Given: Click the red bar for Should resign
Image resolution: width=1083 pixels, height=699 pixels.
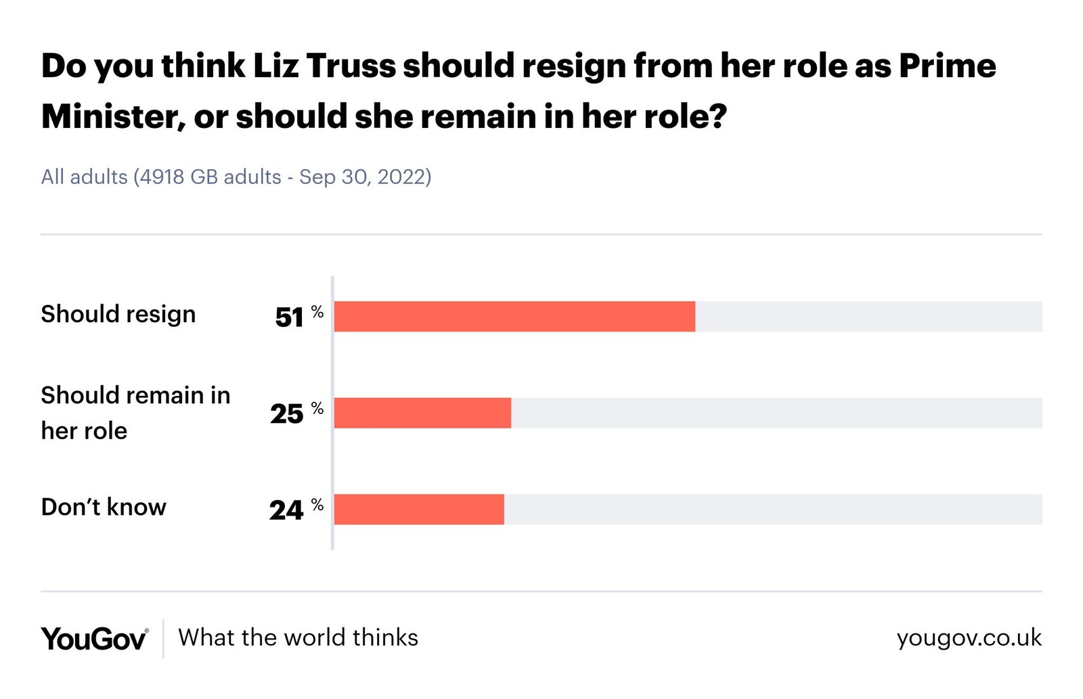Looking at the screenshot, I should click(514, 317).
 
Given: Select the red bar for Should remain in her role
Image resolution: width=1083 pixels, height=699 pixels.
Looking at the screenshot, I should click(422, 413).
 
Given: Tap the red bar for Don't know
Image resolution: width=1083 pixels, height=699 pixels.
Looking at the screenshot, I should click(419, 510).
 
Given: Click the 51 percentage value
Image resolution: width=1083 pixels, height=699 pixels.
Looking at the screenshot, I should click(290, 317).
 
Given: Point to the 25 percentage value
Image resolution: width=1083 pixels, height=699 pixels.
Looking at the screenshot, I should click(287, 413).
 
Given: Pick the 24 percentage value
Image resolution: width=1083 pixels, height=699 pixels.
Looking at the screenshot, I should click(286, 510).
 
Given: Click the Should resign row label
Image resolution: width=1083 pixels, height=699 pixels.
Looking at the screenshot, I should click(118, 314).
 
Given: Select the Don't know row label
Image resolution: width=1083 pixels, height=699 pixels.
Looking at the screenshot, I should click(104, 507).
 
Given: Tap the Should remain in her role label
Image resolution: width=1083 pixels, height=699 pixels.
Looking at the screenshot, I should click(135, 413).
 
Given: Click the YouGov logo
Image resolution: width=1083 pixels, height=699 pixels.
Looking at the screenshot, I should click(94, 638).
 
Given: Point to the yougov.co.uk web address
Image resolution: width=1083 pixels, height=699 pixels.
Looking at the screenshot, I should click(969, 638).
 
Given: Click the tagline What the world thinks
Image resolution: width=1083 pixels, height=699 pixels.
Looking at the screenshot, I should click(298, 637).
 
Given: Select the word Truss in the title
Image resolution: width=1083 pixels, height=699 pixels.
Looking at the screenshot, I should click(351, 66).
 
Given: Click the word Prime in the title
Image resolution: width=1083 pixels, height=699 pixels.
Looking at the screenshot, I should click(947, 66).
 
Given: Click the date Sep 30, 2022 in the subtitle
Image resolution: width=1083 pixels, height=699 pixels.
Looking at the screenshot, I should click(362, 177).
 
